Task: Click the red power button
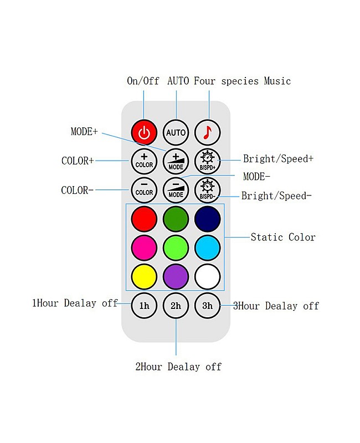pyautogui.click(x=144, y=133)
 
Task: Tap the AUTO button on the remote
pyautogui.click(x=176, y=133)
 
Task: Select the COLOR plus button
pyautogui.click(x=144, y=161)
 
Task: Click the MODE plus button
pyautogui.click(x=176, y=161)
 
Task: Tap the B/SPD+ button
pyautogui.click(x=208, y=161)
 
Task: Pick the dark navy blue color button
pyautogui.click(x=208, y=219)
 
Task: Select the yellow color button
pyautogui.click(x=144, y=276)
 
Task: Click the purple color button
pyautogui.click(x=176, y=276)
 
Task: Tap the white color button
pyautogui.click(x=208, y=276)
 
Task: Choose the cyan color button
pyautogui.click(x=208, y=248)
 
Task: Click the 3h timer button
pyautogui.click(x=208, y=305)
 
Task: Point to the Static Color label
pyautogui.click(x=283, y=237)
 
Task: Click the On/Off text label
pyautogui.click(x=143, y=81)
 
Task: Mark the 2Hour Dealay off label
pyautogui.click(x=178, y=367)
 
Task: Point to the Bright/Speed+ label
pyautogui.click(x=278, y=159)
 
